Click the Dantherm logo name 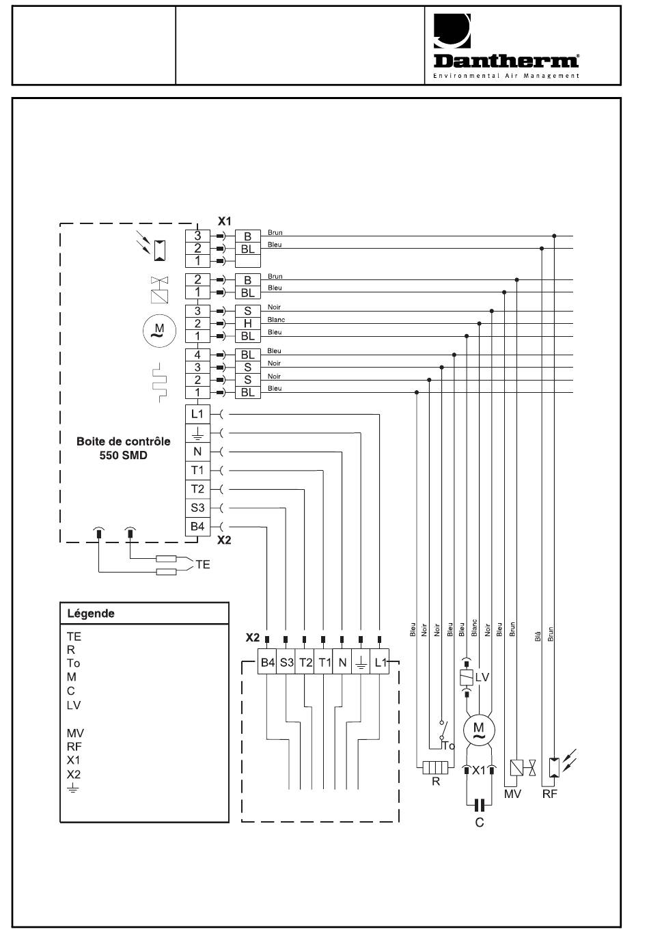506,61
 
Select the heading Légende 91,614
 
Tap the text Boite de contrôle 123,441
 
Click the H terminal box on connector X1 248,323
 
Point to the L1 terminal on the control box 197,414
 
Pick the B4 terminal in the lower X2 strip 268,662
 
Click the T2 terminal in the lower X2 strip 305,662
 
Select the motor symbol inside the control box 159,331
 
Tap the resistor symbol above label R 435,768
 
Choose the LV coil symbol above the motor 467,677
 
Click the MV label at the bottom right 512,794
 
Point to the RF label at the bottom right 549,794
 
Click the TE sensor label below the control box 203,564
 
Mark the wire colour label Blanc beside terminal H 276,320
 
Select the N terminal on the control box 197,452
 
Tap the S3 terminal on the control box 197,508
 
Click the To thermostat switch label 448,745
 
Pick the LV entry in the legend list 74,705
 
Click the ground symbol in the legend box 73,788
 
